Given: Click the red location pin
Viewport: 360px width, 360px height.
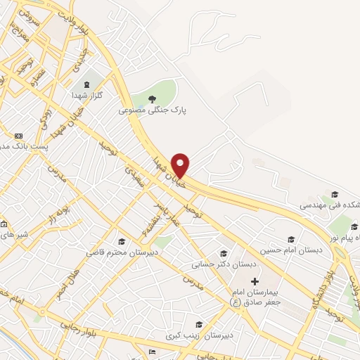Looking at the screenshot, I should pos(181,165).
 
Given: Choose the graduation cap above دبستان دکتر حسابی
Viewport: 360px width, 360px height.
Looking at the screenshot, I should pos(224,254).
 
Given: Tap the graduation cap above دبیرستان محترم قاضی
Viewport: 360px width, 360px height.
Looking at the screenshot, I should pos(122,240).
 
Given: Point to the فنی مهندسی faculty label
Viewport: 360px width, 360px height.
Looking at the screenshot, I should pos(329,205).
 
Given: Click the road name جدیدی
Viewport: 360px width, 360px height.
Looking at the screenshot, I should pos(82,56).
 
